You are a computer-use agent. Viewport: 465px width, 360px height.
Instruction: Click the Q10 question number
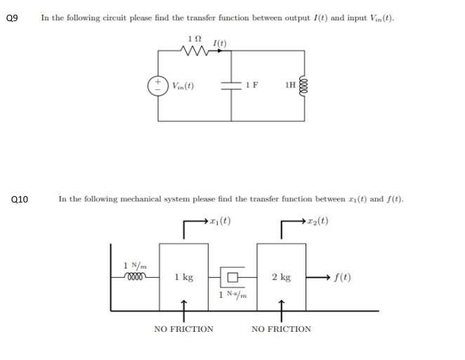[x=20, y=200]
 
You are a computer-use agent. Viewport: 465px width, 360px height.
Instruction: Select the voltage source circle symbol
[x=158, y=86]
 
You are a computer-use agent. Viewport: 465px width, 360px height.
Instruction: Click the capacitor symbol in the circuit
[x=231, y=86]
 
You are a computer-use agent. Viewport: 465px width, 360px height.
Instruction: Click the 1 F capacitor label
[x=251, y=85]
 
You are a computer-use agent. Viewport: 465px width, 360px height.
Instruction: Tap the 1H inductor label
[x=290, y=85]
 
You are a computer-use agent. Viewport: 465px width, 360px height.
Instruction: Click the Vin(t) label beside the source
[x=183, y=86]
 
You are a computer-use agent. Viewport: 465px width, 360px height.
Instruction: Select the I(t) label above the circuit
[x=219, y=44]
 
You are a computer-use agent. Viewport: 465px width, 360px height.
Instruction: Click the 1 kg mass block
[x=183, y=277]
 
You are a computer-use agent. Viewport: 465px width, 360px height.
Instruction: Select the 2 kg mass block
[x=281, y=277]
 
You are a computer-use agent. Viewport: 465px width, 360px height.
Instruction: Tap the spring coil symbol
[x=134, y=276]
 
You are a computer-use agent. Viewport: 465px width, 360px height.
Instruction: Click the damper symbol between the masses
[x=232, y=276]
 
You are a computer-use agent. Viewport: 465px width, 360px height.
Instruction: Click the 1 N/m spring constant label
[x=134, y=265]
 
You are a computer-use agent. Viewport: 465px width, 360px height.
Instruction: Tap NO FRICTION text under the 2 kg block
[x=281, y=328]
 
